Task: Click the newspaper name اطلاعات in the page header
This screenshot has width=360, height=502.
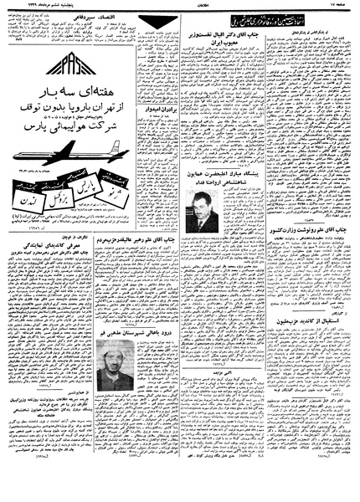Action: click(x=179, y=5)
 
